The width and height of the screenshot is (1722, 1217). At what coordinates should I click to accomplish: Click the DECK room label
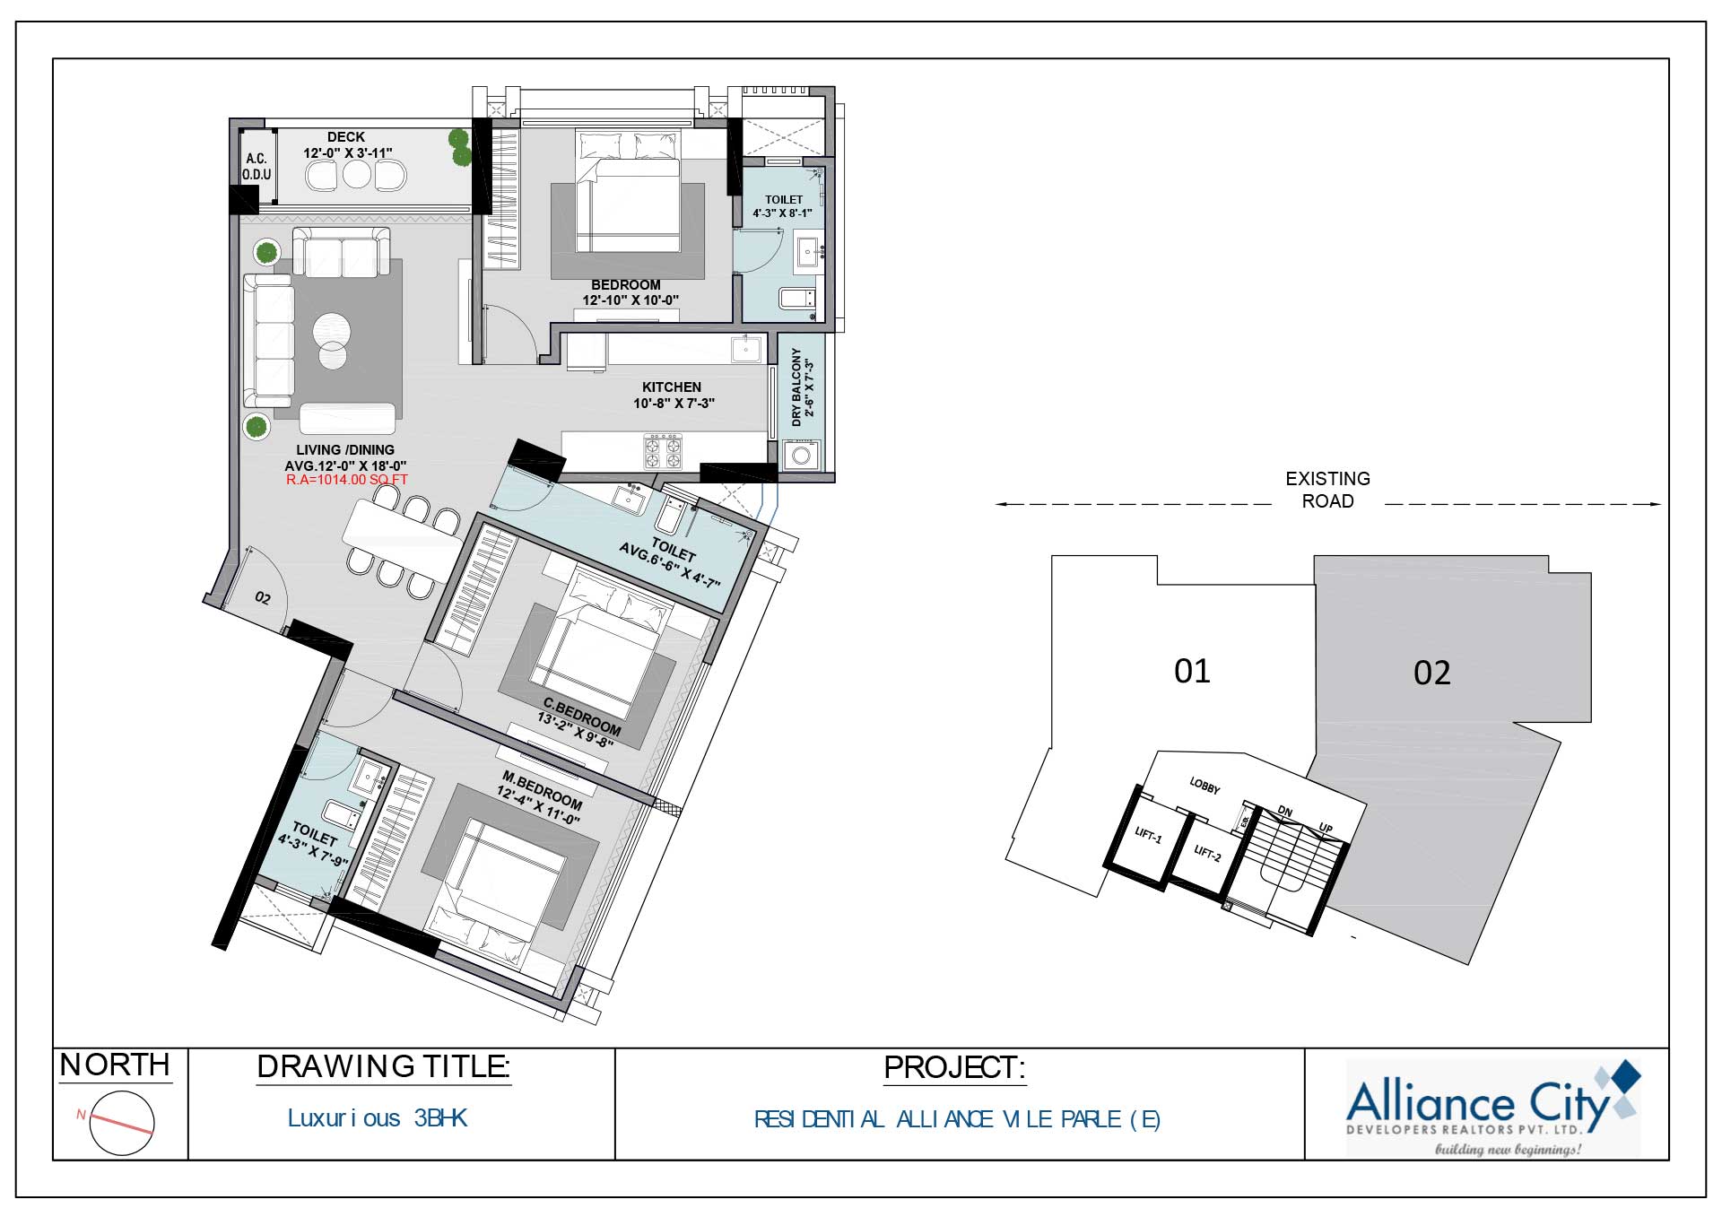pos(346,137)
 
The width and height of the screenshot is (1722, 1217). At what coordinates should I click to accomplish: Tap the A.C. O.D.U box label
pos(257,167)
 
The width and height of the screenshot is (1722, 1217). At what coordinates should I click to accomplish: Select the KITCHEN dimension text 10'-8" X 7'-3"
pos(674,404)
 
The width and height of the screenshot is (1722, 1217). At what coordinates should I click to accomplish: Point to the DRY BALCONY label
pos(796,387)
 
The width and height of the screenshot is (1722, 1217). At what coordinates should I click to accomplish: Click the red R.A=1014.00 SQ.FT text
pos(346,480)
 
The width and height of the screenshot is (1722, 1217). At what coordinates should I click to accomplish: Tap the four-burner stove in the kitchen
pos(663,451)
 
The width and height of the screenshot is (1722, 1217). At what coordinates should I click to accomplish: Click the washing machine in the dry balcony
pos(801,456)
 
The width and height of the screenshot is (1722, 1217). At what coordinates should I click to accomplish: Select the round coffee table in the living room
pos(332,328)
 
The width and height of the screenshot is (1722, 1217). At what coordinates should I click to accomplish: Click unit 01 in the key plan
pos(1192,672)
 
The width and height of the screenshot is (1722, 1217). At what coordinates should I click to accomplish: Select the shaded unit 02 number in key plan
pos(1431,674)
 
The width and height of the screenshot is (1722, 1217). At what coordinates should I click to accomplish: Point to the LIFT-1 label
pos(1148,836)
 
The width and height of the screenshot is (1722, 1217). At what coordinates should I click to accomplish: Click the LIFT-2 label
pos(1207,853)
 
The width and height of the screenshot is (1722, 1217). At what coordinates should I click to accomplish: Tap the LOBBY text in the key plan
pos(1205,787)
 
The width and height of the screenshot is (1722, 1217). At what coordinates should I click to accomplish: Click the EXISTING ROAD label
pos(1327,490)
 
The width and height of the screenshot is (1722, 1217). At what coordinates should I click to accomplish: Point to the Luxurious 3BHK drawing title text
pos(377,1118)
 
